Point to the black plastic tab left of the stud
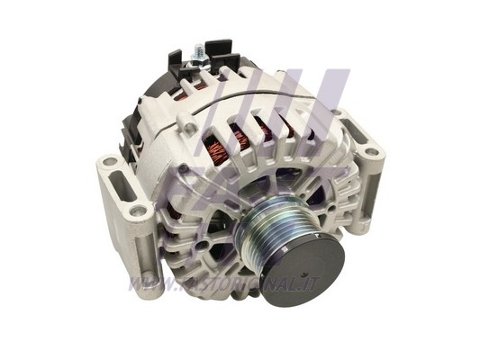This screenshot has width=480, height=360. (176, 61)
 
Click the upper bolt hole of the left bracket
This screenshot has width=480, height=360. (109, 162)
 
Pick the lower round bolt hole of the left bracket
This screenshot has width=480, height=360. (138, 211)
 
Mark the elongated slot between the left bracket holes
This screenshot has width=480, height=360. (122, 186)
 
